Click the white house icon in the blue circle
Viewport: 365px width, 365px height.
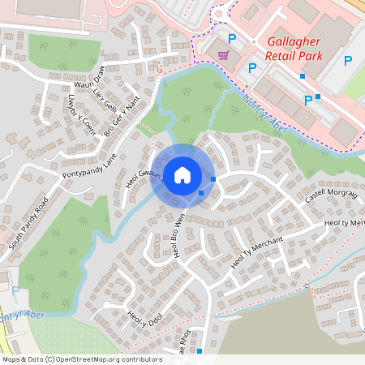[x=182, y=174]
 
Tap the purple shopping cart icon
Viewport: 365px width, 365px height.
[x=223, y=54]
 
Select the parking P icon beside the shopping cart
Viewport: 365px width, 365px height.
[x=232, y=38]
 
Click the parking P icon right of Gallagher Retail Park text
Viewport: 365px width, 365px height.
[x=348, y=60]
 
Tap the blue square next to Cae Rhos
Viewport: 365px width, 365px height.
[x=200, y=351]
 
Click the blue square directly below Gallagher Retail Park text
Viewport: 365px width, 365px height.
[x=303, y=76]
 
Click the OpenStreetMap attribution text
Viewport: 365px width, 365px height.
[x=82, y=359]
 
